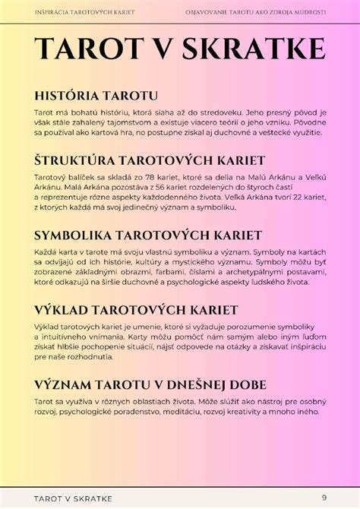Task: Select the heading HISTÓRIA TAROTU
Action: point(96,96)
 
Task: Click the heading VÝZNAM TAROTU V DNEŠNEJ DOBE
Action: point(150,384)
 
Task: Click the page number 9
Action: point(324,498)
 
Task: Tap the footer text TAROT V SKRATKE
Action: point(73,498)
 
